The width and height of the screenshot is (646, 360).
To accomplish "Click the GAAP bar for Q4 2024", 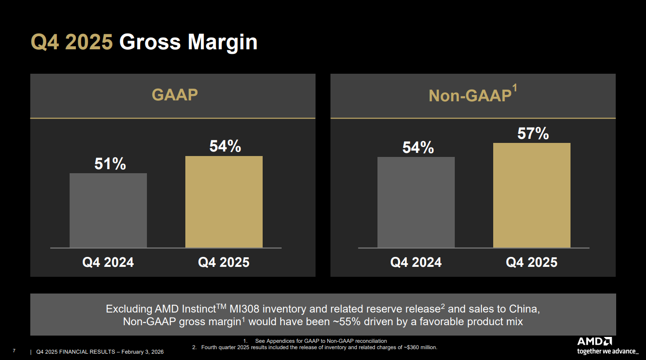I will [108, 210].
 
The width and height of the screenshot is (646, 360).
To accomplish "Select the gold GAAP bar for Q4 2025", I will [224, 202].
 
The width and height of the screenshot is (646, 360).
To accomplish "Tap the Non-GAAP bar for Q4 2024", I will [416, 202].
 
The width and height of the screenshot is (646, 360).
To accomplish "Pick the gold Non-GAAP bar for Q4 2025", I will [532, 195].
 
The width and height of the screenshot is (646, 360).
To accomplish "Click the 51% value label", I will [110, 164].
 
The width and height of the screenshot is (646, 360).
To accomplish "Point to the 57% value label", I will [533, 134].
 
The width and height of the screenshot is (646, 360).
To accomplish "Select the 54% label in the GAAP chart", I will [225, 147].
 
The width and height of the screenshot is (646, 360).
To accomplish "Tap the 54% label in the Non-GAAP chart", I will [418, 147].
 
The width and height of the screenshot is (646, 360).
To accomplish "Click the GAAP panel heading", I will [174, 95].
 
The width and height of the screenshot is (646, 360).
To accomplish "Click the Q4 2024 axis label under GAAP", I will [108, 262].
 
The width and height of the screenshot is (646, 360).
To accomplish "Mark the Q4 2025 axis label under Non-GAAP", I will [532, 262].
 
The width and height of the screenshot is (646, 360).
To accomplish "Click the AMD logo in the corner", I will [594, 341].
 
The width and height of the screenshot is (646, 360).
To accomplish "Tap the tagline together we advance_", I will [608, 351].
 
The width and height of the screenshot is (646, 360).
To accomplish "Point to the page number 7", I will [14, 351].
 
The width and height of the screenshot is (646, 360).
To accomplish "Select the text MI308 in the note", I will [245, 309].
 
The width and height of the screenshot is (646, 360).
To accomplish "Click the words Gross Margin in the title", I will [188, 42].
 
